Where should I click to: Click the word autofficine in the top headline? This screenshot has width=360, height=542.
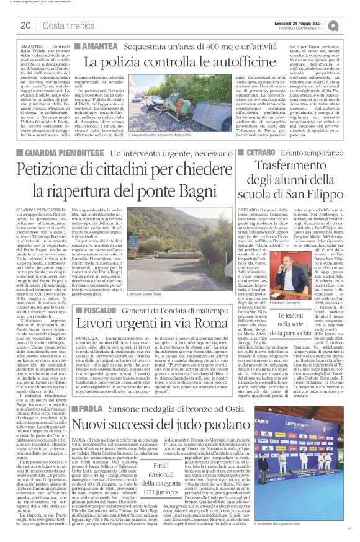(x=236, y=61)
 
